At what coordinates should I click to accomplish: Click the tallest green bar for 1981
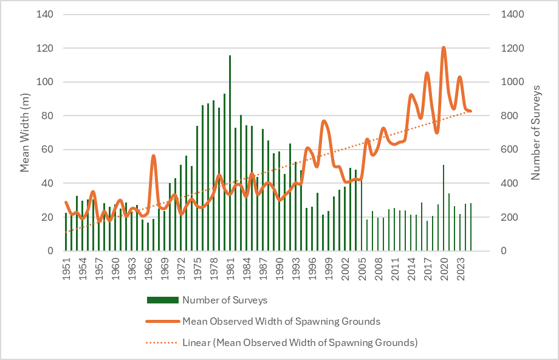pos(230,152)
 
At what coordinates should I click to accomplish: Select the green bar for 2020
pos(444,207)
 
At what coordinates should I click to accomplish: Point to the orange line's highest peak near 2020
pos(444,47)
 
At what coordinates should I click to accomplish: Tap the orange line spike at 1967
pos(153,156)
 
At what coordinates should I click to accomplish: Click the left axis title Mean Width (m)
pos(25,133)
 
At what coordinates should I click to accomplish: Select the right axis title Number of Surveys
pos(536,133)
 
